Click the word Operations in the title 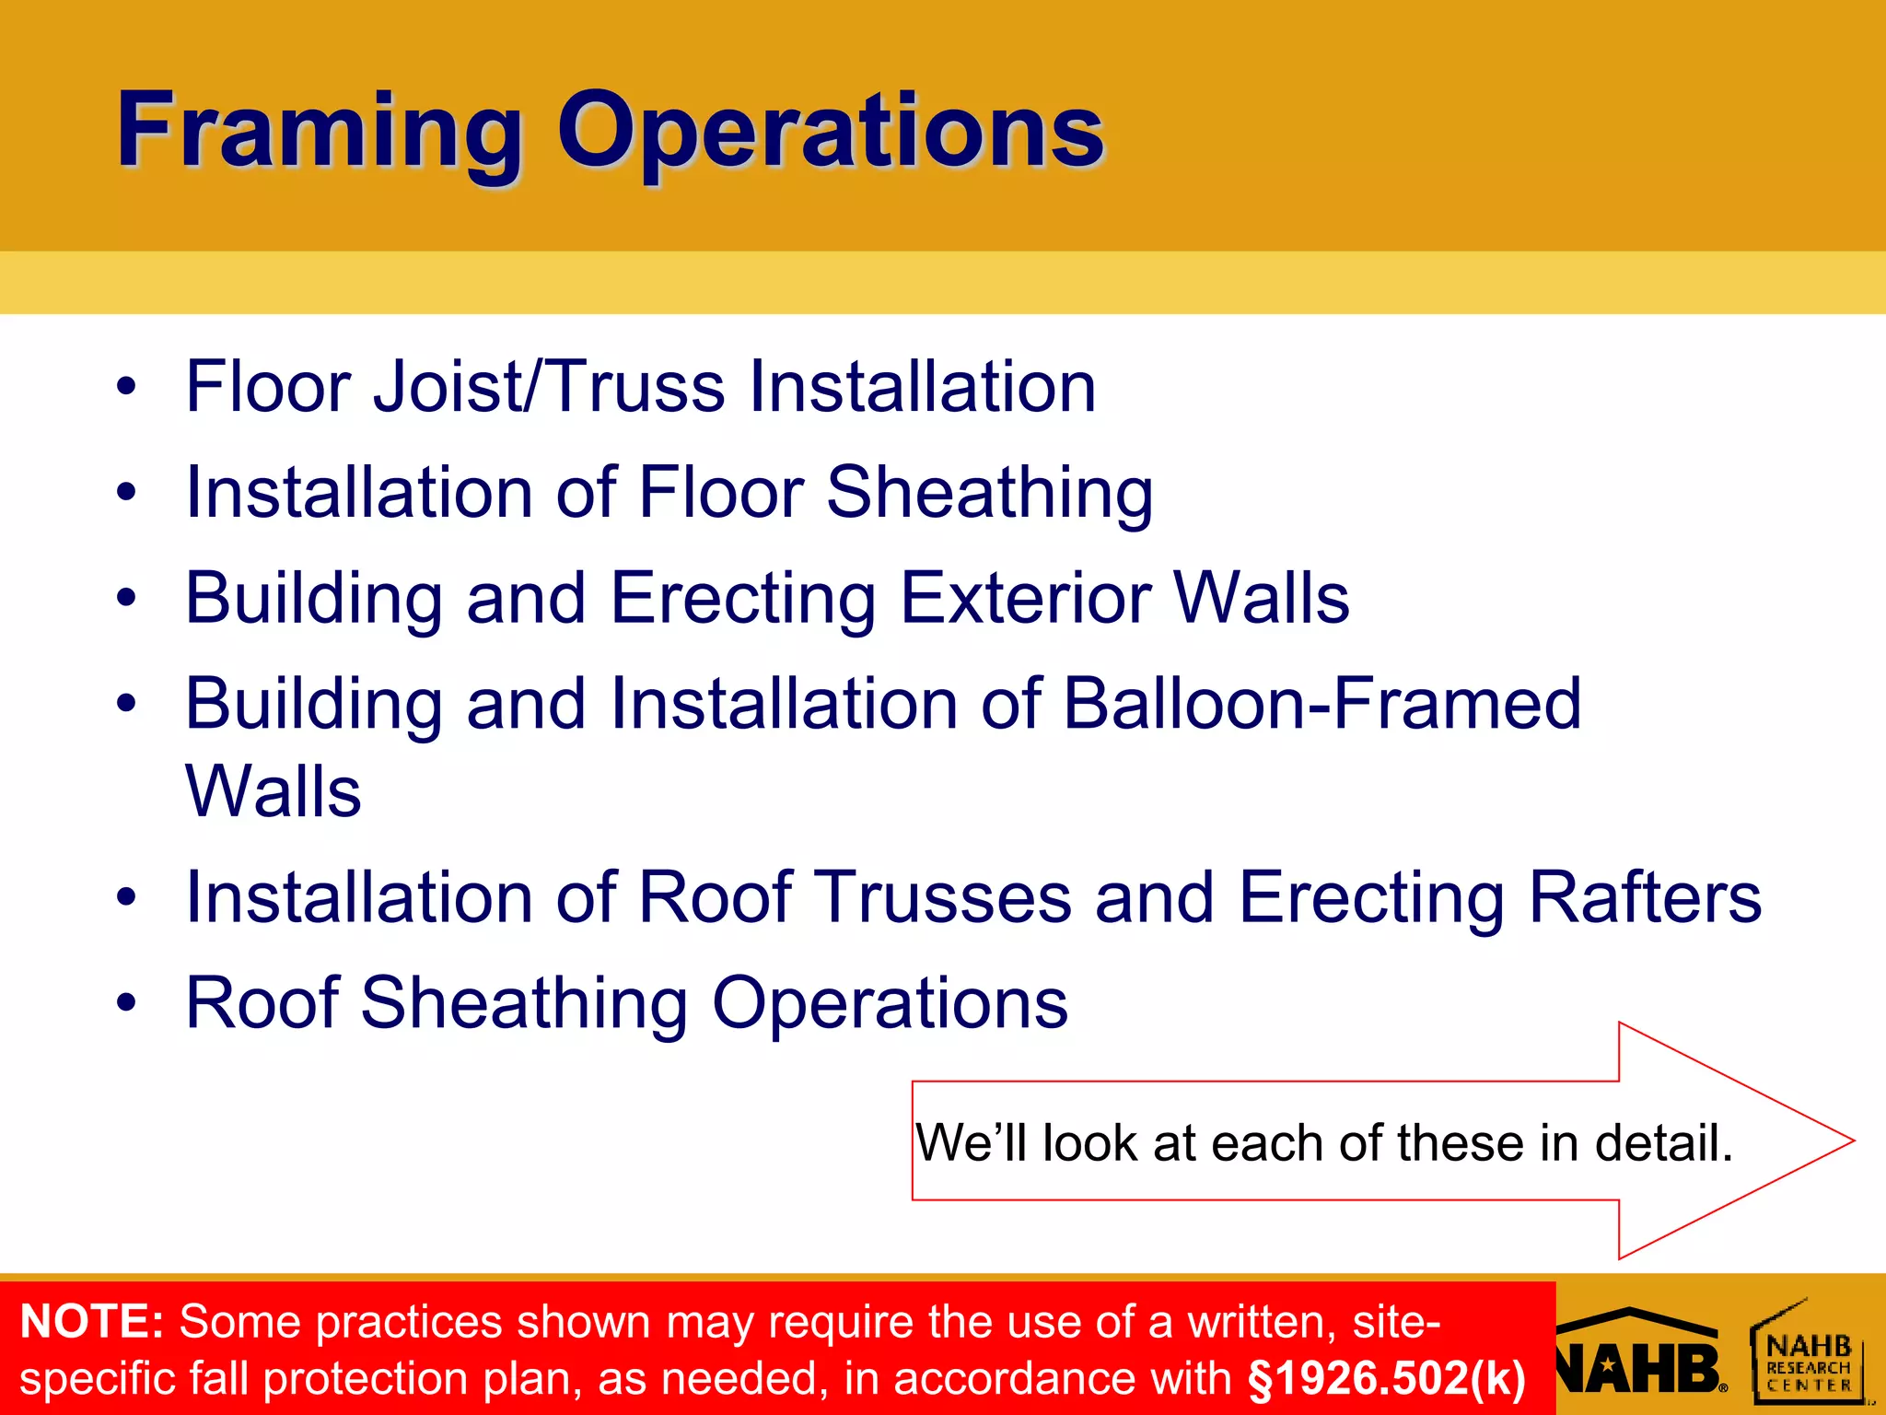click(830, 131)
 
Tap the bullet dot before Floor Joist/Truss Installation click(126, 388)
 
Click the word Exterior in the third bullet click(1025, 598)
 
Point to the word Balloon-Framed click(1321, 704)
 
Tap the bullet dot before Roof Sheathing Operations click(126, 1004)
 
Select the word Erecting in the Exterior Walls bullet click(742, 600)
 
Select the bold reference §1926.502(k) click(1386, 1378)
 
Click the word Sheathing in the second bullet click(989, 493)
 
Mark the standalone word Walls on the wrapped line click(274, 791)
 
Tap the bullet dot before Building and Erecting click(126, 600)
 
